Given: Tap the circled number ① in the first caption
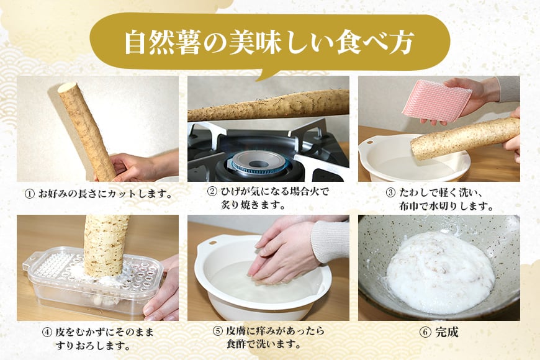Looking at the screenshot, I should tap(29, 194).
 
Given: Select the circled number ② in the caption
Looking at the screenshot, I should tap(212, 192).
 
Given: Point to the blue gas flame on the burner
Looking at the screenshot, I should tap(259, 161).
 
